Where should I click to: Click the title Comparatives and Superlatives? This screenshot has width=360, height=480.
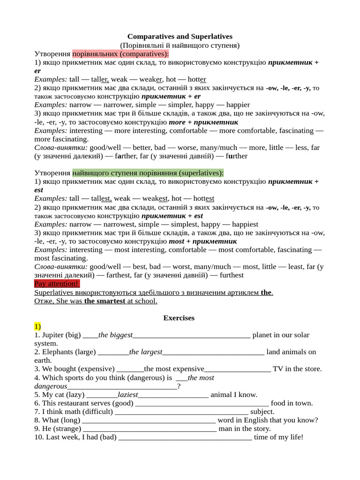(x=180, y=37)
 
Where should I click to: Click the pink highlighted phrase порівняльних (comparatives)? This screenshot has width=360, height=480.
(x=120, y=54)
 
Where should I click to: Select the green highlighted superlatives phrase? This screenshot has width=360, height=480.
(x=148, y=173)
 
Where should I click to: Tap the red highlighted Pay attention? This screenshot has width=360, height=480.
(x=57, y=284)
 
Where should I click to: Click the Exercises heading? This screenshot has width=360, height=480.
(x=179, y=318)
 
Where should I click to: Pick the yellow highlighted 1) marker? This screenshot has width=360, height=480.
(x=37, y=326)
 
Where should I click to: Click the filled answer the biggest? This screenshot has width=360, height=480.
(x=116, y=335)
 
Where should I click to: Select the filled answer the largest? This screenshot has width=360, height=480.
(x=146, y=352)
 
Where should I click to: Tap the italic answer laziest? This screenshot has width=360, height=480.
(x=127, y=395)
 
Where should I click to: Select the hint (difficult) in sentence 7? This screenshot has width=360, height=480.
(x=97, y=412)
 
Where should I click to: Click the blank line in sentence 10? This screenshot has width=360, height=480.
(x=185, y=437)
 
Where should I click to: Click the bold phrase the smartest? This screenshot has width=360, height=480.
(x=105, y=301)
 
